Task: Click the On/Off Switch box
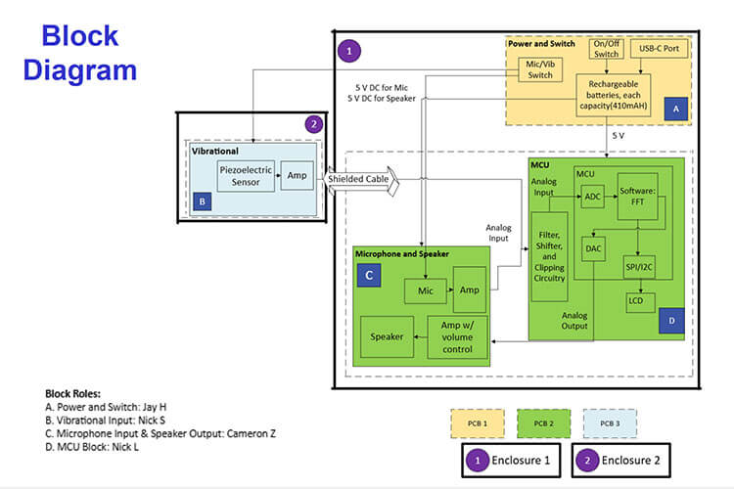[608, 49]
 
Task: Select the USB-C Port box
[661, 48]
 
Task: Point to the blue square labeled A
[674, 110]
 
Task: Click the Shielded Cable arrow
[363, 180]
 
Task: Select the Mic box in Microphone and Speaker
[426, 289]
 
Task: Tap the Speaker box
[386, 337]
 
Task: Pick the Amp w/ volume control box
[457, 337]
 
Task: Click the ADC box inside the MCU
[593, 198]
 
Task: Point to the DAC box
[593, 248]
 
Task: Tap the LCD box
[640, 303]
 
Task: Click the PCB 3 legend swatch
[610, 422]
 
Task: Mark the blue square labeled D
[670, 320]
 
